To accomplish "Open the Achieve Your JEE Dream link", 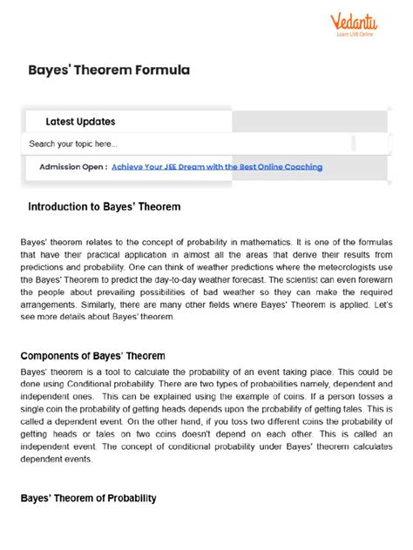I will tap(217, 166).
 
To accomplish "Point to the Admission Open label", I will tap(73, 166).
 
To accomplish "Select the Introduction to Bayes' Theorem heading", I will tap(104, 207).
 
